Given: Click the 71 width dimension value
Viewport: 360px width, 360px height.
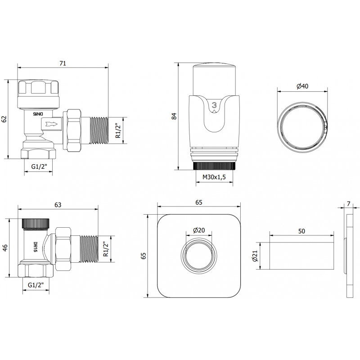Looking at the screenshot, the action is [63, 63].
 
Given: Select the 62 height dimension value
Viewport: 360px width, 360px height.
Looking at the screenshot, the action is [4, 119].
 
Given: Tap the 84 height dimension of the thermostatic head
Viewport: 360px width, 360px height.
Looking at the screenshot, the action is [175, 116].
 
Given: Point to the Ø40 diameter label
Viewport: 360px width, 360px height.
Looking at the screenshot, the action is [302, 86].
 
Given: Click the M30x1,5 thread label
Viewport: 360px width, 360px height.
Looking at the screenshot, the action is [214, 177].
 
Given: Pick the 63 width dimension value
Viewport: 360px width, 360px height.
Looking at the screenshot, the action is [58, 205].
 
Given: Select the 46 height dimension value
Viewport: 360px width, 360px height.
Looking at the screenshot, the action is [5, 248].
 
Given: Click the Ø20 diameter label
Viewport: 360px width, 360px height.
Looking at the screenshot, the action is [199, 230].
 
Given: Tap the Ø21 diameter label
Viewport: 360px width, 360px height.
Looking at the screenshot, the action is [255, 256].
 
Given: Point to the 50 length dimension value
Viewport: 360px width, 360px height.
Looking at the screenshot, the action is [301, 231].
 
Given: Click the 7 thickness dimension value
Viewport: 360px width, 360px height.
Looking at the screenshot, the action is [349, 204].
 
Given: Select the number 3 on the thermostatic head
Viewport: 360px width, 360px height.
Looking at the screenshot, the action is [214, 105].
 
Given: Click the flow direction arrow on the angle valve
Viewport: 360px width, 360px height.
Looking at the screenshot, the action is [52, 124].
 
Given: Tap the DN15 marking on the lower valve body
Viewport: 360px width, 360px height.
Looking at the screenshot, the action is [36, 247].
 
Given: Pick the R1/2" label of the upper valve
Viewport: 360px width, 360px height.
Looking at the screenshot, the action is [118, 130].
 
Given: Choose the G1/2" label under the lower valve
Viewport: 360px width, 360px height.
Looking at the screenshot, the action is [36, 285].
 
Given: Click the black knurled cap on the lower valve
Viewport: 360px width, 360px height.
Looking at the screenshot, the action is [36, 223].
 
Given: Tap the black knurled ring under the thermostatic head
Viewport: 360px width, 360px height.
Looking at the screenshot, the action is [214, 166].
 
